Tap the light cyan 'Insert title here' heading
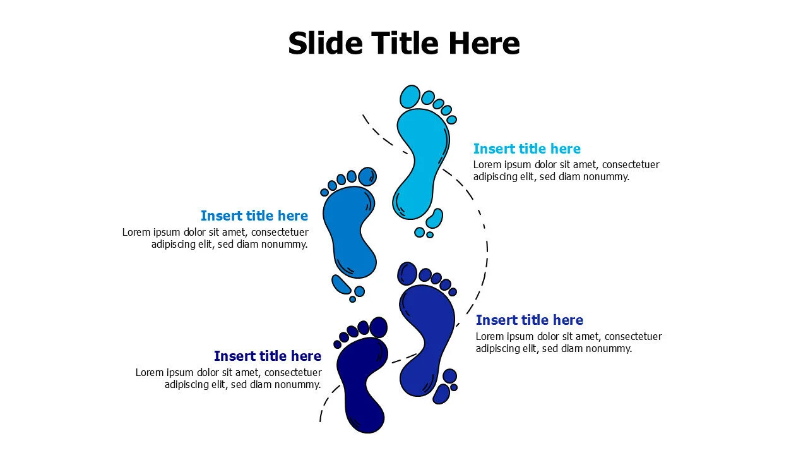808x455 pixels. tap(526, 149)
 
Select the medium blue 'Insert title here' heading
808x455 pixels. tap(254, 216)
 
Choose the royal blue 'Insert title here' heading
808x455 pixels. tap(529, 320)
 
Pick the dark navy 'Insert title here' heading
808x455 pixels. tap(268, 356)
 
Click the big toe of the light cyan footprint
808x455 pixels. tap(410, 97)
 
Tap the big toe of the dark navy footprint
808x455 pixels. tap(378, 327)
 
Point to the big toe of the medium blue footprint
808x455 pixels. tap(367, 176)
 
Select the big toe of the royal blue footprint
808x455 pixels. tap(408, 274)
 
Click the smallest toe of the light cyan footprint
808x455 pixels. tap(451, 119)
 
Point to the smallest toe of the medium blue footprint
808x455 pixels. tap(324, 192)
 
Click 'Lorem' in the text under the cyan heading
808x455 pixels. tap(487, 165)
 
